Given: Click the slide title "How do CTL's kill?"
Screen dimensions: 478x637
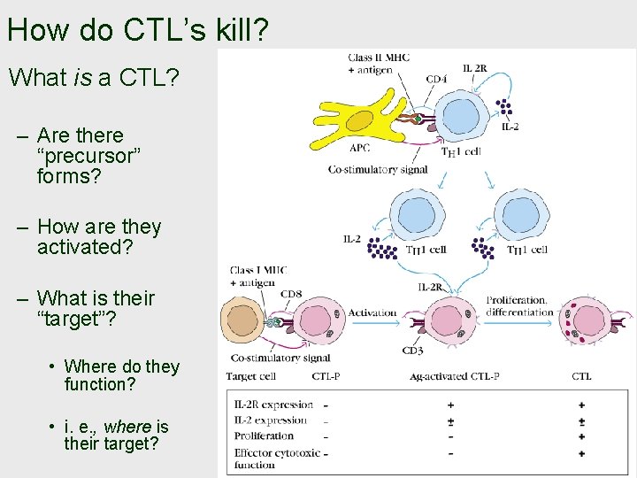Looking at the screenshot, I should coord(137,30).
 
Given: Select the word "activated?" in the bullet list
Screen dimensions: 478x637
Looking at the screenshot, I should coord(85,248).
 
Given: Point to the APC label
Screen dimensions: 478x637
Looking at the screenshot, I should coord(359,149).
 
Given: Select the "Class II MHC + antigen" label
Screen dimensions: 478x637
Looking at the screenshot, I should coord(371,64).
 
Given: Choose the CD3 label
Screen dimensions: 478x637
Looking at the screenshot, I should coord(412,351).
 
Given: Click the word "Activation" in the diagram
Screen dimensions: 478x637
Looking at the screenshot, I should coord(372,312).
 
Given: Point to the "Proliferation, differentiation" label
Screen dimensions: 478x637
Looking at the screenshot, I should coord(519,306).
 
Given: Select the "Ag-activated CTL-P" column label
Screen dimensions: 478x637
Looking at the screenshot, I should coord(455,376).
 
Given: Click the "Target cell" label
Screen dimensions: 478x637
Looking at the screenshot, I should coord(253,376).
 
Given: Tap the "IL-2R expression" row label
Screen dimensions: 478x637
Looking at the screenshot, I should coord(273,405).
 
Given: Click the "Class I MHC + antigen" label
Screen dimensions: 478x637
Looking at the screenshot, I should coord(258,276).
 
